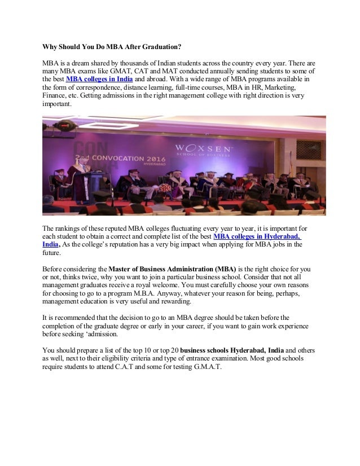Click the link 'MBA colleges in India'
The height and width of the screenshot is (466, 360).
[x=99, y=80]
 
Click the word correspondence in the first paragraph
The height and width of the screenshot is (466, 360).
[x=98, y=88]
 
